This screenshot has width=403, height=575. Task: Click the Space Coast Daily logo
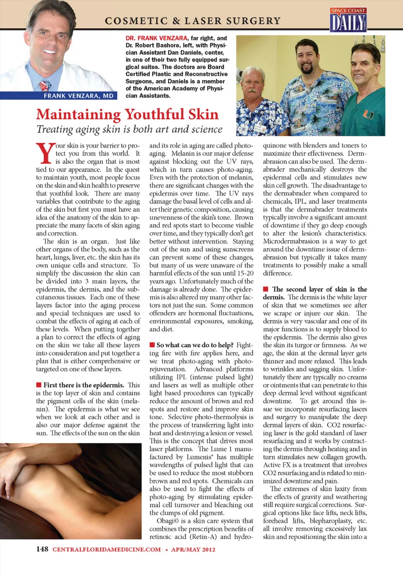point(348,20)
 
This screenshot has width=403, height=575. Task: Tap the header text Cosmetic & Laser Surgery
point(193,21)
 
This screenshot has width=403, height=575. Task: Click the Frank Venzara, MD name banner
point(79,96)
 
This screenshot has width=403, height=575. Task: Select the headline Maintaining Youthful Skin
point(127,114)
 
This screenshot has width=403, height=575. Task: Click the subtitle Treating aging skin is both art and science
point(129,129)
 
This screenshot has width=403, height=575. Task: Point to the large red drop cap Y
point(44,153)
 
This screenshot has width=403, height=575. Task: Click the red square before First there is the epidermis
point(39,385)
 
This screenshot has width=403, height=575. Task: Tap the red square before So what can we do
point(152,345)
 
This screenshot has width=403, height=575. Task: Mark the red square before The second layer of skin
point(266,289)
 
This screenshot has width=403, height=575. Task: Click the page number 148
point(42,549)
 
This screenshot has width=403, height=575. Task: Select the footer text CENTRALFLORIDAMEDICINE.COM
point(107,549)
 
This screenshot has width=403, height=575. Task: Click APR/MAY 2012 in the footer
point(193,549)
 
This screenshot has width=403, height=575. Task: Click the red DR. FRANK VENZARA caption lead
point(157,38)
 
